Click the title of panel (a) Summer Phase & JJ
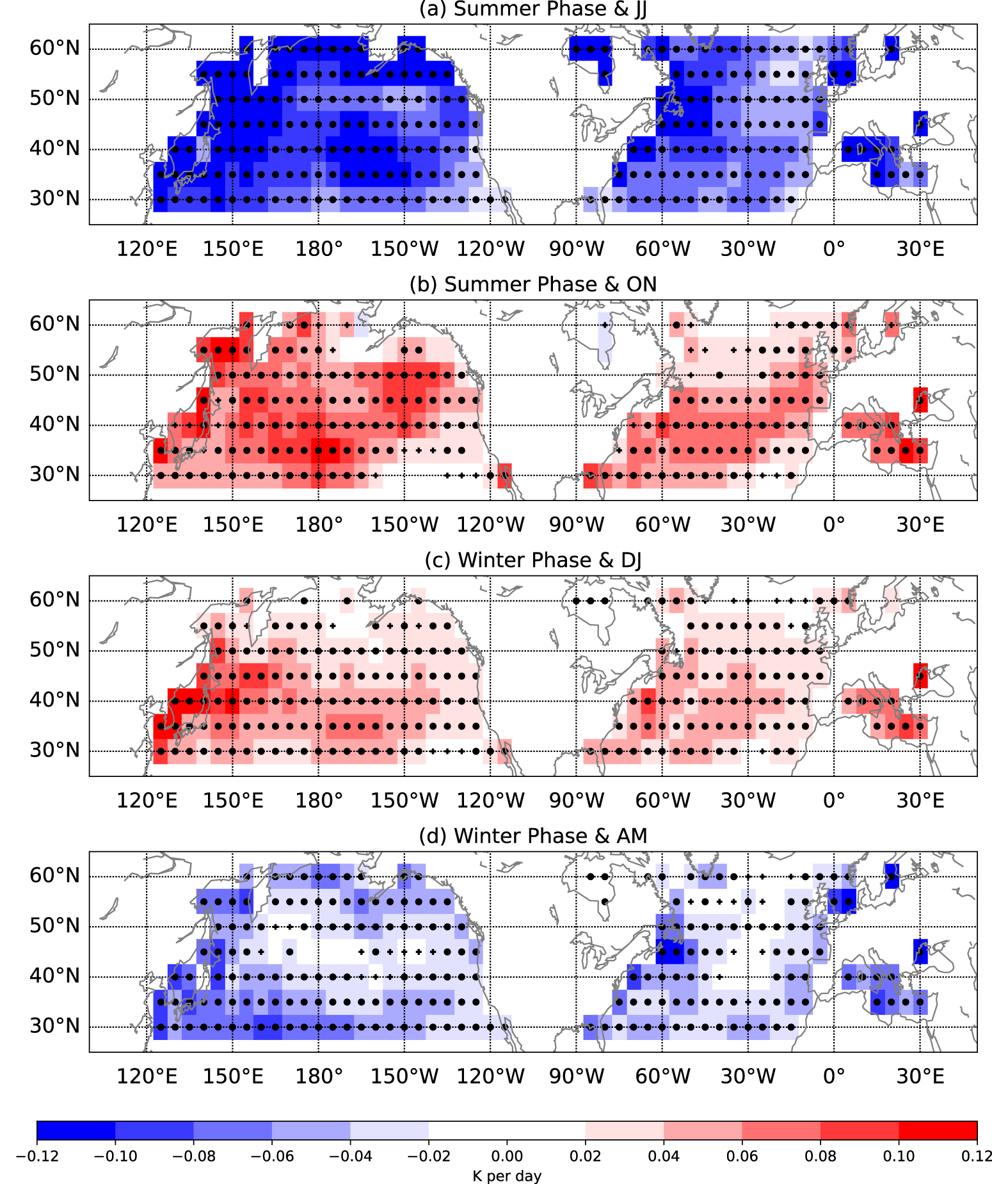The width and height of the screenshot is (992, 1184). [x=532, y=10]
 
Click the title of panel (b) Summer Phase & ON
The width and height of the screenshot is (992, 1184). [x=532, y=285]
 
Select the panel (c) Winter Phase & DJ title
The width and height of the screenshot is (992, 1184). [x=532, y=561]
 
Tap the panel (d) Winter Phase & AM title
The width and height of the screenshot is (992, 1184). [x=532, y=836]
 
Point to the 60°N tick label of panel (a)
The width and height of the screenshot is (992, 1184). [x=54, y=48]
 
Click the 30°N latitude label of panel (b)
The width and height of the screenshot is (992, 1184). [x=54, y=475]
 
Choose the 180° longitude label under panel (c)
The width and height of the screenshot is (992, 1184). [x=319, y=801]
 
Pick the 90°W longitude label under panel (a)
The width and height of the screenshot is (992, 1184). [x=577, y=249]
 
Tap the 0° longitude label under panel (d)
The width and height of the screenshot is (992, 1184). [x=834, y=1076]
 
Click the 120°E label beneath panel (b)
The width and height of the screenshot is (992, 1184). [x=147, y=525]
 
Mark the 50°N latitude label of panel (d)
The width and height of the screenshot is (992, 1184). [x=54, y=926]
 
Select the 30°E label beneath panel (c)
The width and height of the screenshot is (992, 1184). [x=920, y=801]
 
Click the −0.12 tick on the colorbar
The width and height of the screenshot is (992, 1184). [x=37, y=1156]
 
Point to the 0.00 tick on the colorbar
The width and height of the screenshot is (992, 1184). [x=507, y=1156]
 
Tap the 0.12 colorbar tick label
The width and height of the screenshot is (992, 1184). [x=977, y=1156]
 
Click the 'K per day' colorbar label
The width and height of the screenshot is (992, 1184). [x=507, y=1176]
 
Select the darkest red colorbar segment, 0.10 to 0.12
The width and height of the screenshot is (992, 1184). [x=938, y=1131]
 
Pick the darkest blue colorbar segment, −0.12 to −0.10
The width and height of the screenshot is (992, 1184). [x=76, y=1131]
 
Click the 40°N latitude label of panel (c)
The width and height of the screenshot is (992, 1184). [x=54, y=700]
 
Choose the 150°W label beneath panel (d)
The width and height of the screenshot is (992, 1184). [x=404, y=1076]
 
